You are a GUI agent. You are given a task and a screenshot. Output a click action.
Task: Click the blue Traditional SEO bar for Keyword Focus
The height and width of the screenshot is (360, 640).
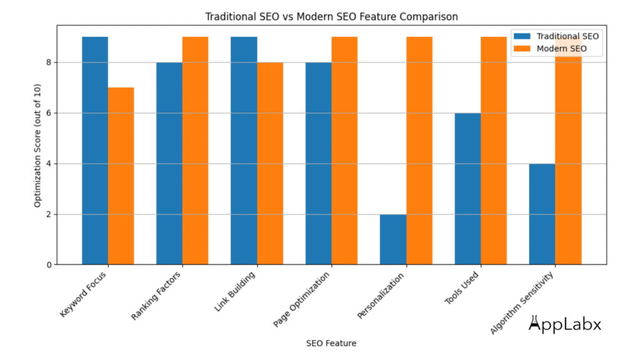coord(95,151)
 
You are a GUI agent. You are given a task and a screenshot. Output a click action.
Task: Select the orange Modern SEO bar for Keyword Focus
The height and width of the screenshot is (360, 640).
coord(121,176)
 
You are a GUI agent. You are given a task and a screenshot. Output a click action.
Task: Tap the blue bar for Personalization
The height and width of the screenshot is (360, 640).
coord(393,239)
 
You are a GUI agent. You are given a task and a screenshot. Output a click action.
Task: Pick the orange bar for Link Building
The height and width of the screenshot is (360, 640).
coord(270,163)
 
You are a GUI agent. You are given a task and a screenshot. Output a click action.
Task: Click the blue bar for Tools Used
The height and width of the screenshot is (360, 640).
coord(467,189)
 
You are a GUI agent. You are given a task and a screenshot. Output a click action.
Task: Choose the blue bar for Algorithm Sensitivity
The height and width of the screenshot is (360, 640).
coord(542,214)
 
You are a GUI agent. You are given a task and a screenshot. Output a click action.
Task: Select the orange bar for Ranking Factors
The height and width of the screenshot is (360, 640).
coord(195,151)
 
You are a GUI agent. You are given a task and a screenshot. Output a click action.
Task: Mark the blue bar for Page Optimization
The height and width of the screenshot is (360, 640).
coord(318,163)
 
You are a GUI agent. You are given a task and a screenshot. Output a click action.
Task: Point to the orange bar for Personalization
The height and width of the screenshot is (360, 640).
coord(419,151)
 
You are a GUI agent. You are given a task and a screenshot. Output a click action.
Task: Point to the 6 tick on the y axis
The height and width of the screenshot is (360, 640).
coord(49,113)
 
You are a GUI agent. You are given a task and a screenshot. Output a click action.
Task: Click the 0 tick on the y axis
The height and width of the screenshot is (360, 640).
coord(49,264)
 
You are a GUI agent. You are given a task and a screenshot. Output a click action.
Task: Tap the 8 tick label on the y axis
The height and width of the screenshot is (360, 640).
coord(49,62)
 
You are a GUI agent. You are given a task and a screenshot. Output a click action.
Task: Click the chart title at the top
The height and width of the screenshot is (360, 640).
coord(331,17)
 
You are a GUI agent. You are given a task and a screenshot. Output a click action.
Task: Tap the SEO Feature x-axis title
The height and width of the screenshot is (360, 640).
coord(331,342)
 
